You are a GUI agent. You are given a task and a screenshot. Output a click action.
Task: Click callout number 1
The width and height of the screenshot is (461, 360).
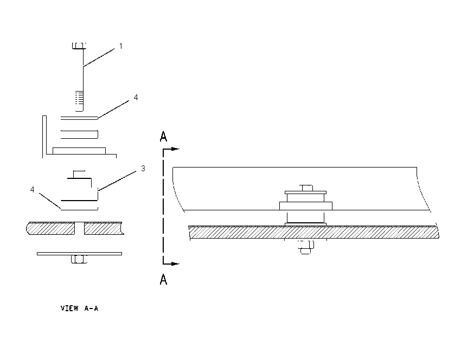(x=120, y=46)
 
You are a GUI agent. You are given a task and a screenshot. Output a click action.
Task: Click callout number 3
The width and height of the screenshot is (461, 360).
(x=143, y=169)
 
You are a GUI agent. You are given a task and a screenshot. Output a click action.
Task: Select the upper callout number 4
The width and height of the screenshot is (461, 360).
(x=136, y=97)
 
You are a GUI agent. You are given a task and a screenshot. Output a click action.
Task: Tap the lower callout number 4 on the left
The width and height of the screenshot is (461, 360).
(x=33, y=190)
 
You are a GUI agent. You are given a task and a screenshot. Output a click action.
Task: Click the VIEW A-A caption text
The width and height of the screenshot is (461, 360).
(x=79, y=308)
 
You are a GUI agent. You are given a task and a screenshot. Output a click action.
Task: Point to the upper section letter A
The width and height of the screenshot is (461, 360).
(x=163, y=137)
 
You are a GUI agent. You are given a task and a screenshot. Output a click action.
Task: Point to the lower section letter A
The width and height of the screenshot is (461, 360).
(x=163, y=279)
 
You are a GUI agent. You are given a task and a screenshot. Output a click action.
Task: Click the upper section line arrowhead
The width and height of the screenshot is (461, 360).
(x=176, y=149)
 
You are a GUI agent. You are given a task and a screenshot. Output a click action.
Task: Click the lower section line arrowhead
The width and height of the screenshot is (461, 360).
(x=176, y=263)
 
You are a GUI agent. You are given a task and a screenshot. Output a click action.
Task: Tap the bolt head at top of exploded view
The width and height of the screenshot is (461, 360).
(x=79, y=46)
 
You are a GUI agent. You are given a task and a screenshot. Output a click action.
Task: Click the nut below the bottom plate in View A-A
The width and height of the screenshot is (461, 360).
(x=79, y=259)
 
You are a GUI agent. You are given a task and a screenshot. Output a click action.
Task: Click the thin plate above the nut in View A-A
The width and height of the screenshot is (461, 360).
(x=79, y=254)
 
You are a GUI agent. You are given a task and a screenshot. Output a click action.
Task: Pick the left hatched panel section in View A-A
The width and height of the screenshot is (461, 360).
(x=50, y=228)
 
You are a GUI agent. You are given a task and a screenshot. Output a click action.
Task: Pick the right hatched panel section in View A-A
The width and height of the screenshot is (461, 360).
(x=104, y=228)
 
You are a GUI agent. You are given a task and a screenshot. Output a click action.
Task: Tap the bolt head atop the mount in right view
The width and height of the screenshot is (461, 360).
(x=306, y=188)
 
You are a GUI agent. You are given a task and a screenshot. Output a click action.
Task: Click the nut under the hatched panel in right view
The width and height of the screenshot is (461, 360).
(x=306, y=246)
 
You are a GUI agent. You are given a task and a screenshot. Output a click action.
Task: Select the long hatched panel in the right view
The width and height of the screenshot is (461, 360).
(x=313, y=232)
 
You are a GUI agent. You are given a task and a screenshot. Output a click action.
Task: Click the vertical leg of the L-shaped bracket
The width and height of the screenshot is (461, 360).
(x=44, y=137)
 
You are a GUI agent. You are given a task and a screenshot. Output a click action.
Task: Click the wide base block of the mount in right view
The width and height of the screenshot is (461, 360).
(x=306, y=206)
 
